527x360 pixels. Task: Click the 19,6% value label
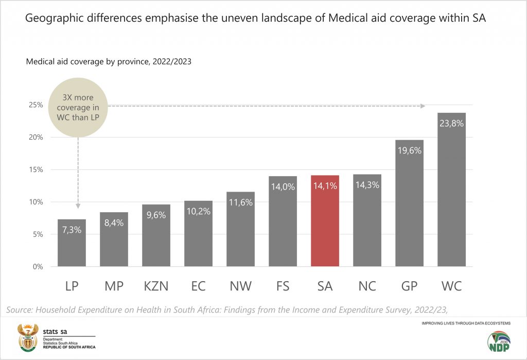pos(409,151)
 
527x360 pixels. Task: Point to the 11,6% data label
pos(240,202)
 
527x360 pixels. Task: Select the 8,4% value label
pos(114,224)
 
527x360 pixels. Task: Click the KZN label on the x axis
pos(156,286)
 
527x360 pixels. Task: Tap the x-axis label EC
pos(198,286)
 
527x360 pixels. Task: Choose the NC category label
pos(367,286)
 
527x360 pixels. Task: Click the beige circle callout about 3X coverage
pos(78,107)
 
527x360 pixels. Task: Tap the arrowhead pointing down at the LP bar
pos(78,206)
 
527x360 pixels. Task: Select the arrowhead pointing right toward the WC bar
pos(423,106)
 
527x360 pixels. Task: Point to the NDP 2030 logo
pos(498,341)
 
